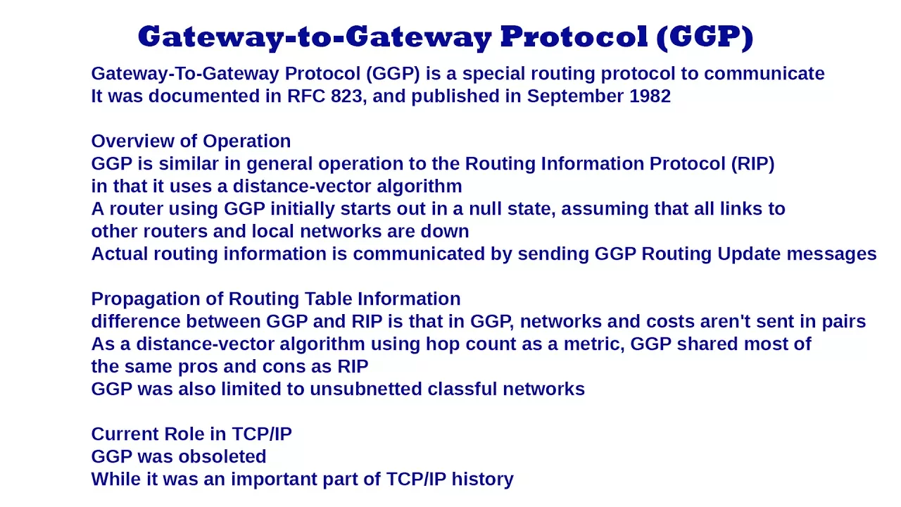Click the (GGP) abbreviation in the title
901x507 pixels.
point(705,37)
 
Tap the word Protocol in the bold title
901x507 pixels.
point(574,37)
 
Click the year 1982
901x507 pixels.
point(650,96)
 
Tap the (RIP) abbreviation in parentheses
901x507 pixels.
point(753,164)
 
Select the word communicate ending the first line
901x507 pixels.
point(764,74)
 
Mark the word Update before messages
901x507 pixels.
point(749,255)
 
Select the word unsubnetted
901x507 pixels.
point(365,389)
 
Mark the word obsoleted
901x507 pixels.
point(222,457)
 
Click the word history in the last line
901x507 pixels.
point(483,480)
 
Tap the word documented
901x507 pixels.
point(204,96)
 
